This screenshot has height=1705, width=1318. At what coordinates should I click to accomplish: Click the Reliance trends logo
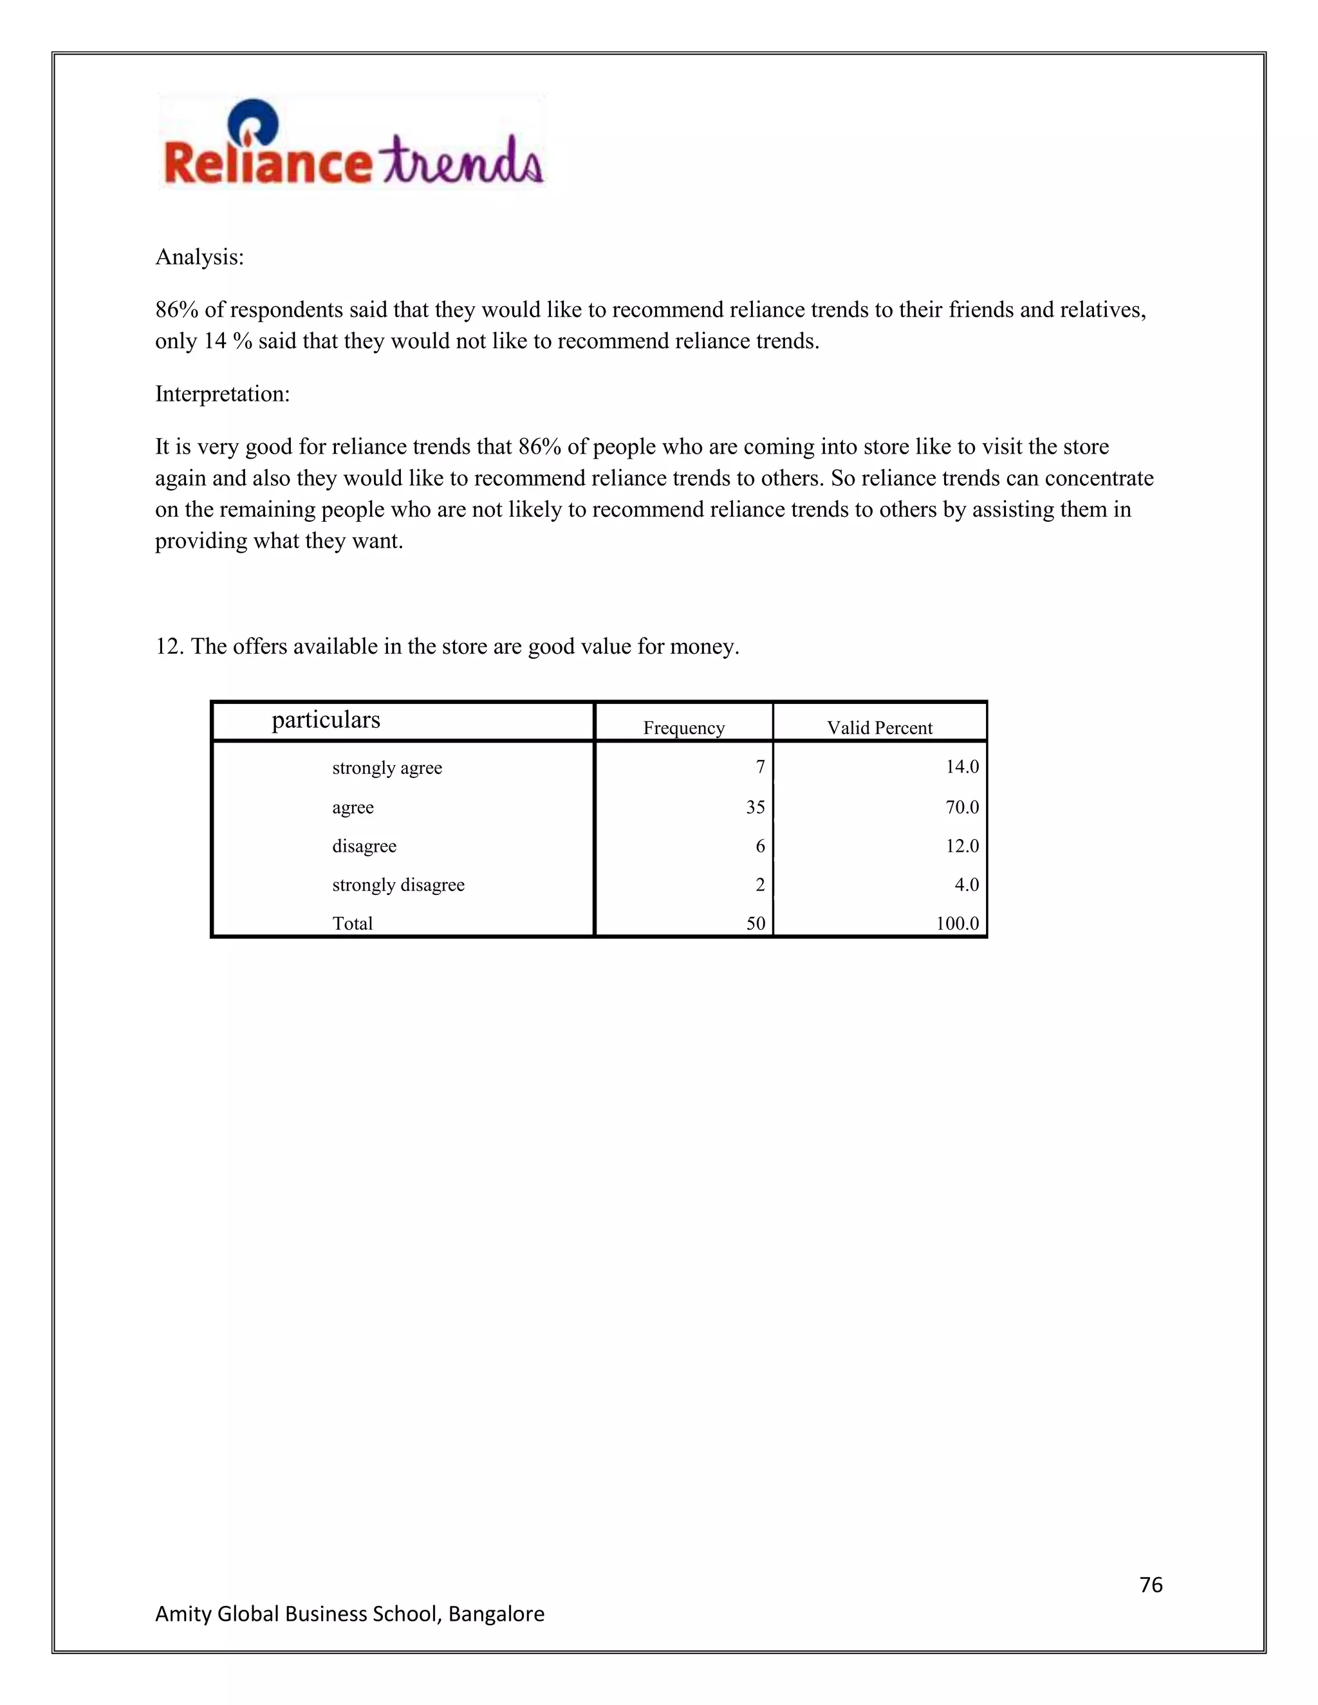[x=352, y=142]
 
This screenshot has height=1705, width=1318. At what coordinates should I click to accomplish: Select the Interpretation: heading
[x=223, y=394]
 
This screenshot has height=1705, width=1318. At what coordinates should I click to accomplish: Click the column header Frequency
[x=684, y=728]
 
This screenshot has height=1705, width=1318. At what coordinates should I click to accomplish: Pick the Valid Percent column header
[x=880, y=728]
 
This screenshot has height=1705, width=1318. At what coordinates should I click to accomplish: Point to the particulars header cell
[x=326, y=719]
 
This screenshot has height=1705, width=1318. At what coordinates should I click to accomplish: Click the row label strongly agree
[x=387, y=768]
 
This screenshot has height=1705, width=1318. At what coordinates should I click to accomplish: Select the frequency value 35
[x=755, y=807]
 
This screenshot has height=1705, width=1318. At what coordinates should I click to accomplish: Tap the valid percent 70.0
[x=962, y=807]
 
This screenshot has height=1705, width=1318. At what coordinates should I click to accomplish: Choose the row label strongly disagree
[x=398, y=885]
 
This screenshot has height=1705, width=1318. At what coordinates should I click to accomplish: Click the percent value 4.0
[x=967, y=885]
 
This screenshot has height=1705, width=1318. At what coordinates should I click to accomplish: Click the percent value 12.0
[x=962, y=846]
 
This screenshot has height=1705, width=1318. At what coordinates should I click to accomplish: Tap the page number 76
[x=1151, y=1585]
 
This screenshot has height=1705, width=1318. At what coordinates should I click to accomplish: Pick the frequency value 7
[x=760, y=768]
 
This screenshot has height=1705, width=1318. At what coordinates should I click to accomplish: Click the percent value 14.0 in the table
[x=962, y=767]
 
